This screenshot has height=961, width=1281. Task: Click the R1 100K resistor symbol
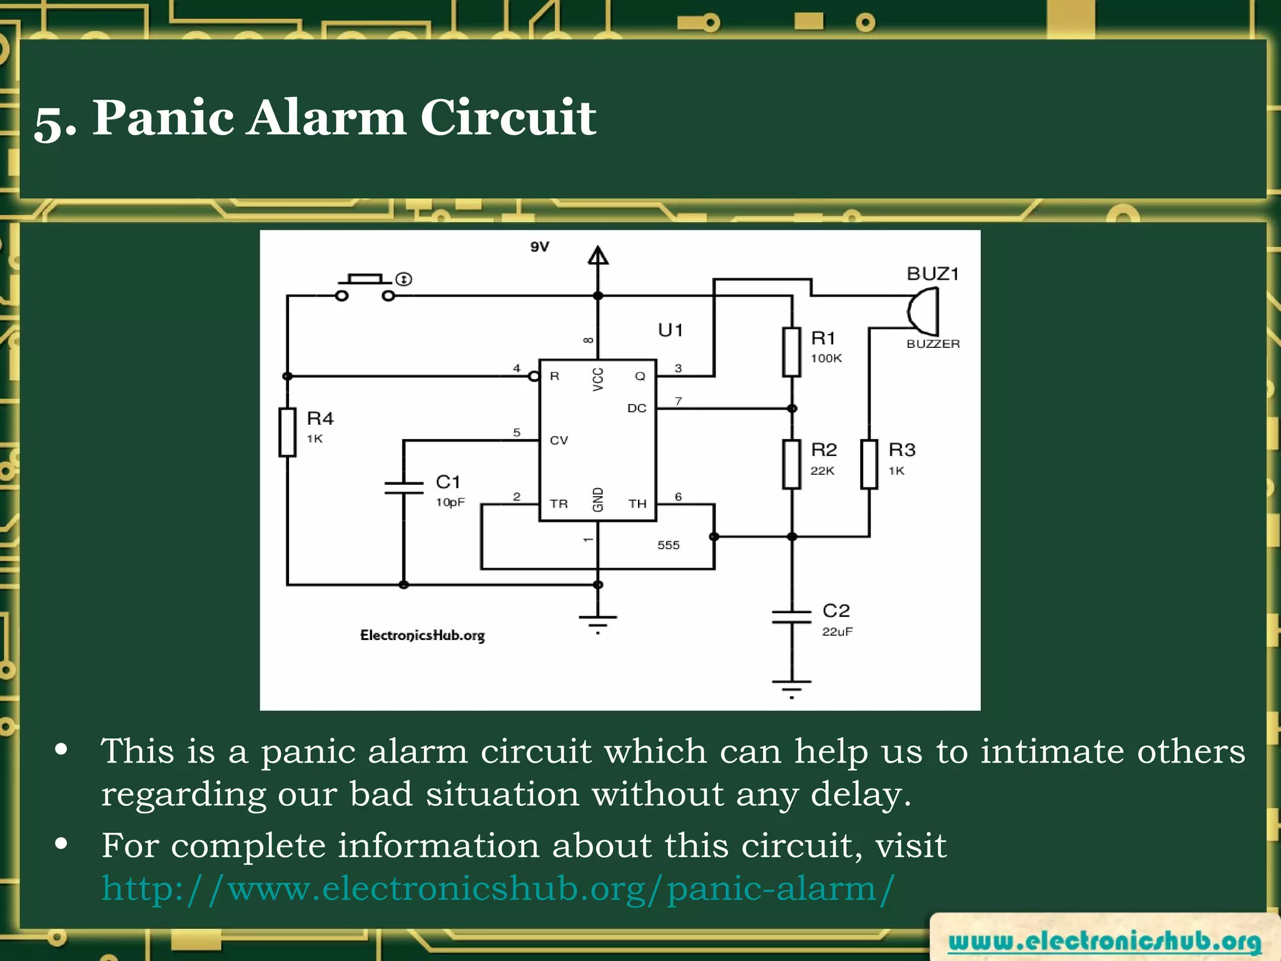pyautogui.click(x=792, y=352)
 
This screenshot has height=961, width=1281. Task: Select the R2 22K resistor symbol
pyautogui.click(x=792, y=464)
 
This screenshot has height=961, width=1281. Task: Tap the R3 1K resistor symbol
pyautogui.click(x=869, y=464)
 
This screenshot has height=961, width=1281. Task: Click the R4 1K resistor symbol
pyautogui.click(x=287, y=432)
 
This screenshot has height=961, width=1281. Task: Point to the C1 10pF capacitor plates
pyautogui.click(x=404, y=488)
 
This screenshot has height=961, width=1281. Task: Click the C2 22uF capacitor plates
pyautogui.click(x=792, y=617)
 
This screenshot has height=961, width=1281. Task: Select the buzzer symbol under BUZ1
pyautogui.click(x=924, y=311)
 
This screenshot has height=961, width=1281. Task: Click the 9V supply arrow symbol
pyautogui.click(x=598, y=256)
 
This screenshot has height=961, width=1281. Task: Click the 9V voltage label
pyautogui.click(x=539, y=247)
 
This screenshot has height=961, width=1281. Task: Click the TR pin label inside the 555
pyautogui.click(x=559, y=504)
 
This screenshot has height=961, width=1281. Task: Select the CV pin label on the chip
pyautogui.click(x=559, y=440)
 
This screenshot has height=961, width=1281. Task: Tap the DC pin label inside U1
pyautogui.click(x=637, y=408)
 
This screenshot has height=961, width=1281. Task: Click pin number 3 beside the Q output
pyautogui.click(x=678, y=368)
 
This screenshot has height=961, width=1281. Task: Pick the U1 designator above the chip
pyautogui.click(x=670, y=330)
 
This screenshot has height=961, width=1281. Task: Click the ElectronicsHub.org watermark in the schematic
pyautogui.click(x=422, y=635)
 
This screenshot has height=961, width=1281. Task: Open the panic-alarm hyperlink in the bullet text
pyautogui.click(x=498, y=888)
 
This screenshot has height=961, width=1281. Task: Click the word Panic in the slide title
pyautogui.click(x=163, y=118)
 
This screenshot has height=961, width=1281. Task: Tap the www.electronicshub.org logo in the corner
pyautogui.click(x=1105, y=941)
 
